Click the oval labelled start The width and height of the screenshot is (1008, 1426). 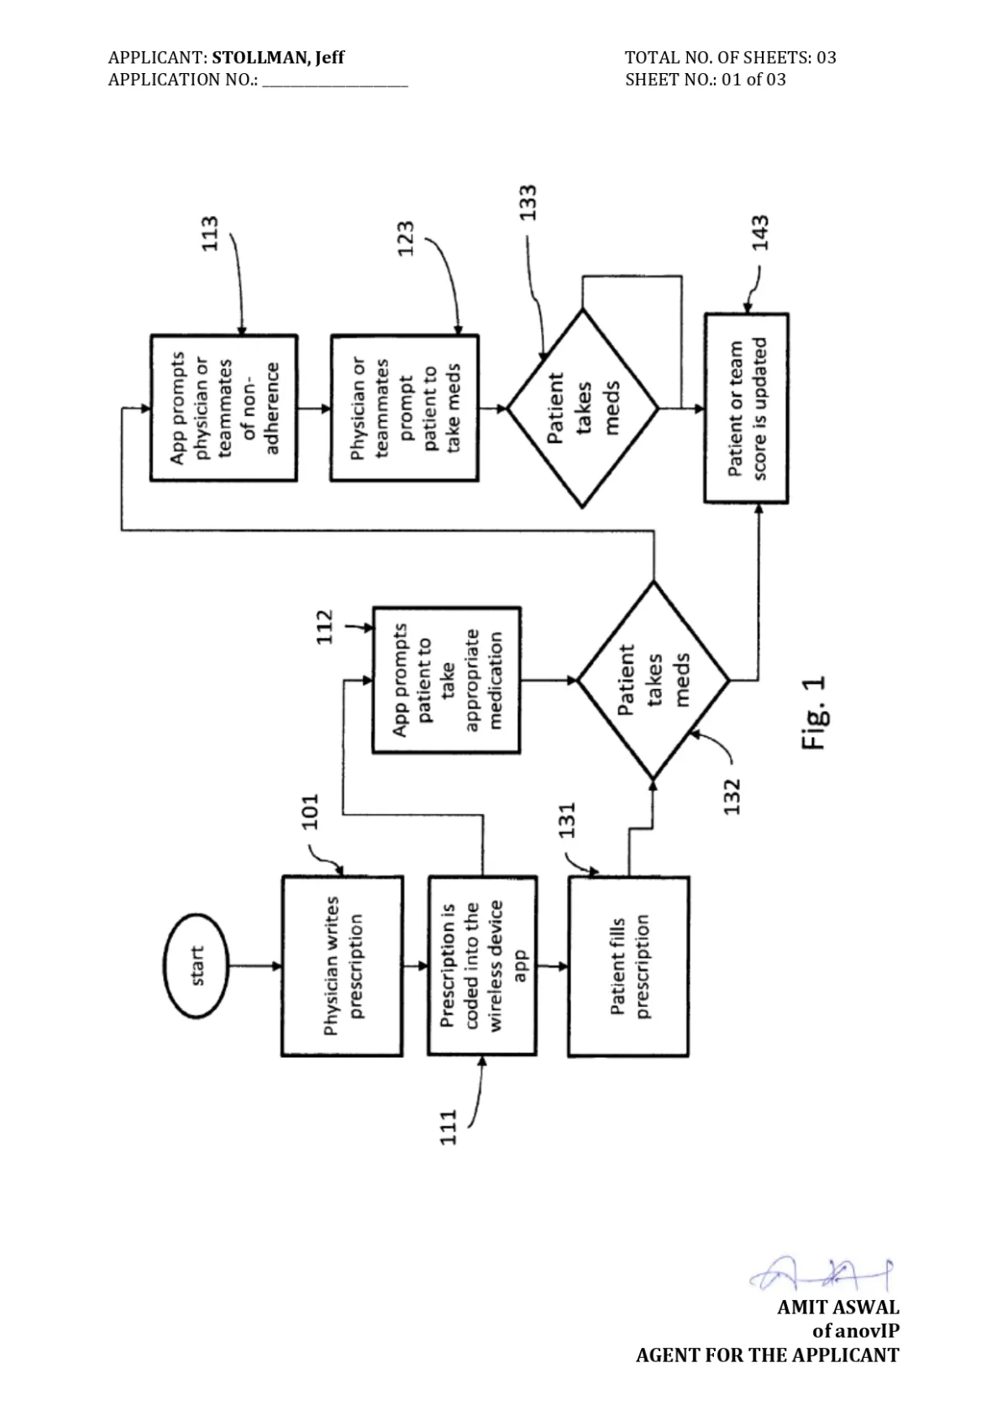click(196, 966)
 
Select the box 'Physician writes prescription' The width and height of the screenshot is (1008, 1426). click(343, 966)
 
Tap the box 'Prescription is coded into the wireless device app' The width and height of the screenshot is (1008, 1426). click(482, 966)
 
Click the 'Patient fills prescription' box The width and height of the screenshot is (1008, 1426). click(628, 966)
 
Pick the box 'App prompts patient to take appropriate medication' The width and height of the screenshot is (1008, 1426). click(447, 680)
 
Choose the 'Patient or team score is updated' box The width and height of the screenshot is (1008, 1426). click(747, 408)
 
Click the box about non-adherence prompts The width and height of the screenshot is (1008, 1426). click(224, 408)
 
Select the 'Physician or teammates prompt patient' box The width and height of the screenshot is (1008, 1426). click(405, 408)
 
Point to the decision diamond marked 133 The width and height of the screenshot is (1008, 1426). click(582, 408)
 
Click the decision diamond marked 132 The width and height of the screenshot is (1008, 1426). click(654, 680)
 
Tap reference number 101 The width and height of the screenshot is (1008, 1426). click(309, 812)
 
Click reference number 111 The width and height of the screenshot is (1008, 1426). click(449, 1128)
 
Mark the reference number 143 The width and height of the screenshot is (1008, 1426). click(760, 233)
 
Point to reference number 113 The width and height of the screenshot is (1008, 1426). click(209, 234)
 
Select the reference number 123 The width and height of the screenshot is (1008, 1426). click(406, 239)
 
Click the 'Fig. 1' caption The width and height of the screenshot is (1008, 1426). click(813, 713)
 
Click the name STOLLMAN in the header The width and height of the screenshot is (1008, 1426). click(261, 58)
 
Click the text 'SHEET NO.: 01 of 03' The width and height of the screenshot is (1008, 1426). click(705, 80)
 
